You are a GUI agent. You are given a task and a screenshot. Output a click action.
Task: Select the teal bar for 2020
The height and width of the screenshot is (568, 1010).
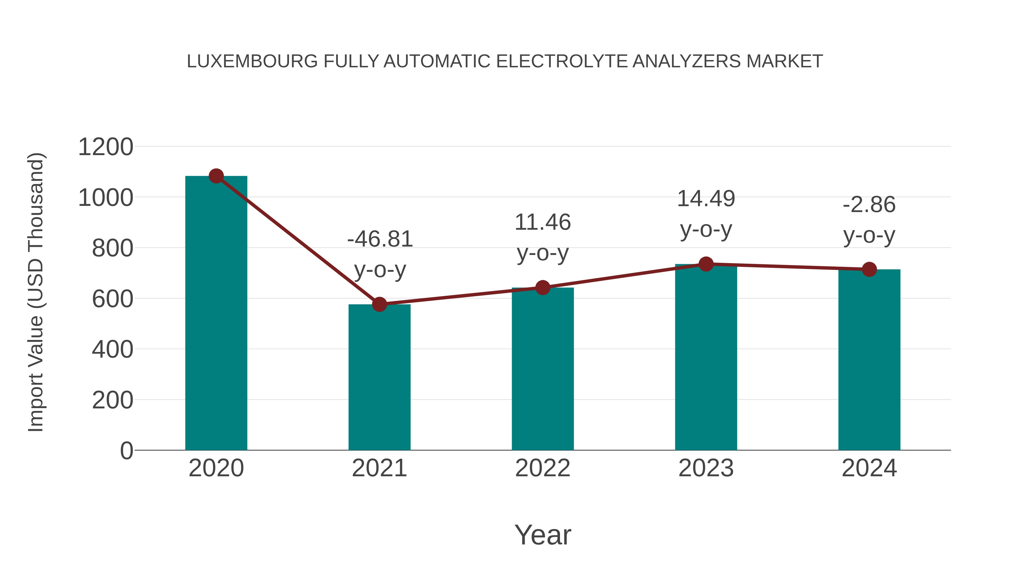coord(216,314)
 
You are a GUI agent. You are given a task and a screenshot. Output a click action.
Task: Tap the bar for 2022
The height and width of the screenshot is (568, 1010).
coord(543,369)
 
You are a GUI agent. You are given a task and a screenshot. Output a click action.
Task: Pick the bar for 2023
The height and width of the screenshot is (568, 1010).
coord(706,357)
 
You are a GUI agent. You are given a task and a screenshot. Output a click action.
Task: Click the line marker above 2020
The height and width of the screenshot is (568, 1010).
coord(216,176)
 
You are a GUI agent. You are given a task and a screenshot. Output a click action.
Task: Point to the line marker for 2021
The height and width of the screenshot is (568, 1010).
coord(379,304)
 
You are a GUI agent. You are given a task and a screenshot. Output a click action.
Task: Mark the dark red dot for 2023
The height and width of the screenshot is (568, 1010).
coord(706,264)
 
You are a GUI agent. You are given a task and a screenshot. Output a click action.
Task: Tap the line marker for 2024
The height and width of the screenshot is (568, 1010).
coord(869,269)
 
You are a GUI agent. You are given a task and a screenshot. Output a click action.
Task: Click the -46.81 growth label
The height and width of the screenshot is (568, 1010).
coord(380,239)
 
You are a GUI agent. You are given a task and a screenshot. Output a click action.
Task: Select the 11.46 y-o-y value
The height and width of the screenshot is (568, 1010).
coord(543,222)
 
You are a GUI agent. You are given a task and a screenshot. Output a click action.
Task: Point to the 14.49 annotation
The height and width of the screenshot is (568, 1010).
coord(706,199)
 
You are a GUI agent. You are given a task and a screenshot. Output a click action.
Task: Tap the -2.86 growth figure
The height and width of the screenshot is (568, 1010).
coord(869,205)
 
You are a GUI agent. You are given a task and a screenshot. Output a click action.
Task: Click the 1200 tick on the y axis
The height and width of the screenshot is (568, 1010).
coord(105,147)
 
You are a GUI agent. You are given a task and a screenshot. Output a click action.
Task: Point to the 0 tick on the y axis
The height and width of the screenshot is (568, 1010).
coord(126,450)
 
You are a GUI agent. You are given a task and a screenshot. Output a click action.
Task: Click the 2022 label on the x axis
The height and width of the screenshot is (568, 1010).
coord(543,468)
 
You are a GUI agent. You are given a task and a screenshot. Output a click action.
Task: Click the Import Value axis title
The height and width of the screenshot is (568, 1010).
coord(36,292)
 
